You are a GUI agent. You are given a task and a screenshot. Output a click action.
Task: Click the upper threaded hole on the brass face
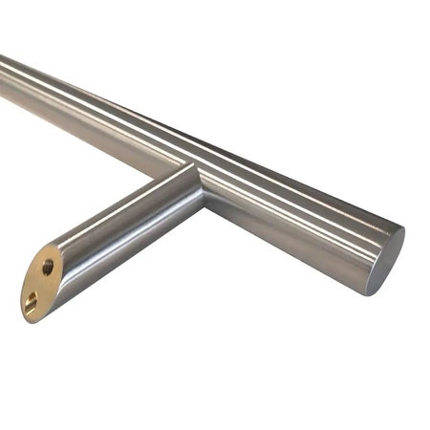(x=48, y=268)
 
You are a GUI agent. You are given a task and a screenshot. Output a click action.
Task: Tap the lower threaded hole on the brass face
(x=32, y=303)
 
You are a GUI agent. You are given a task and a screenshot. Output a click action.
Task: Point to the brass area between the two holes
(x=40, y=286)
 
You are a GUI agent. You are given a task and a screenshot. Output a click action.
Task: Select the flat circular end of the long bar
(x=385, y=259)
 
